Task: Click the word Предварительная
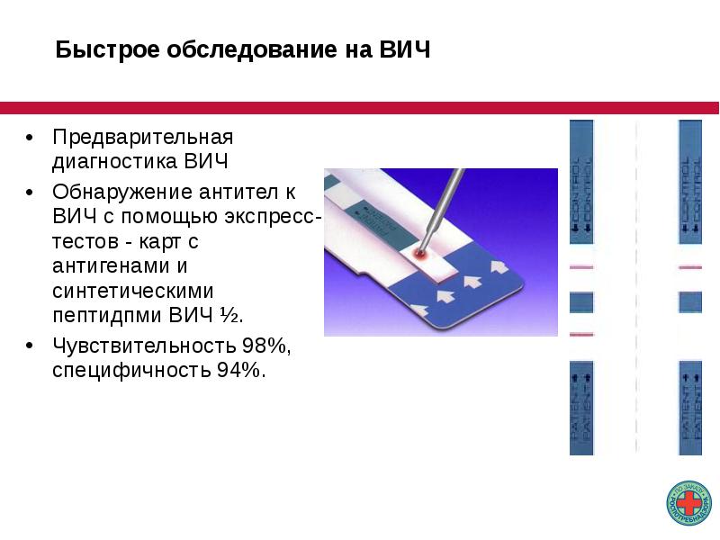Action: (142, 139)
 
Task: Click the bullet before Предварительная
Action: (30, 139)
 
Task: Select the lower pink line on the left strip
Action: (582, 334)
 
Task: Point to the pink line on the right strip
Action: (690, 267)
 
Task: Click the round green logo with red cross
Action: (688, 504)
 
